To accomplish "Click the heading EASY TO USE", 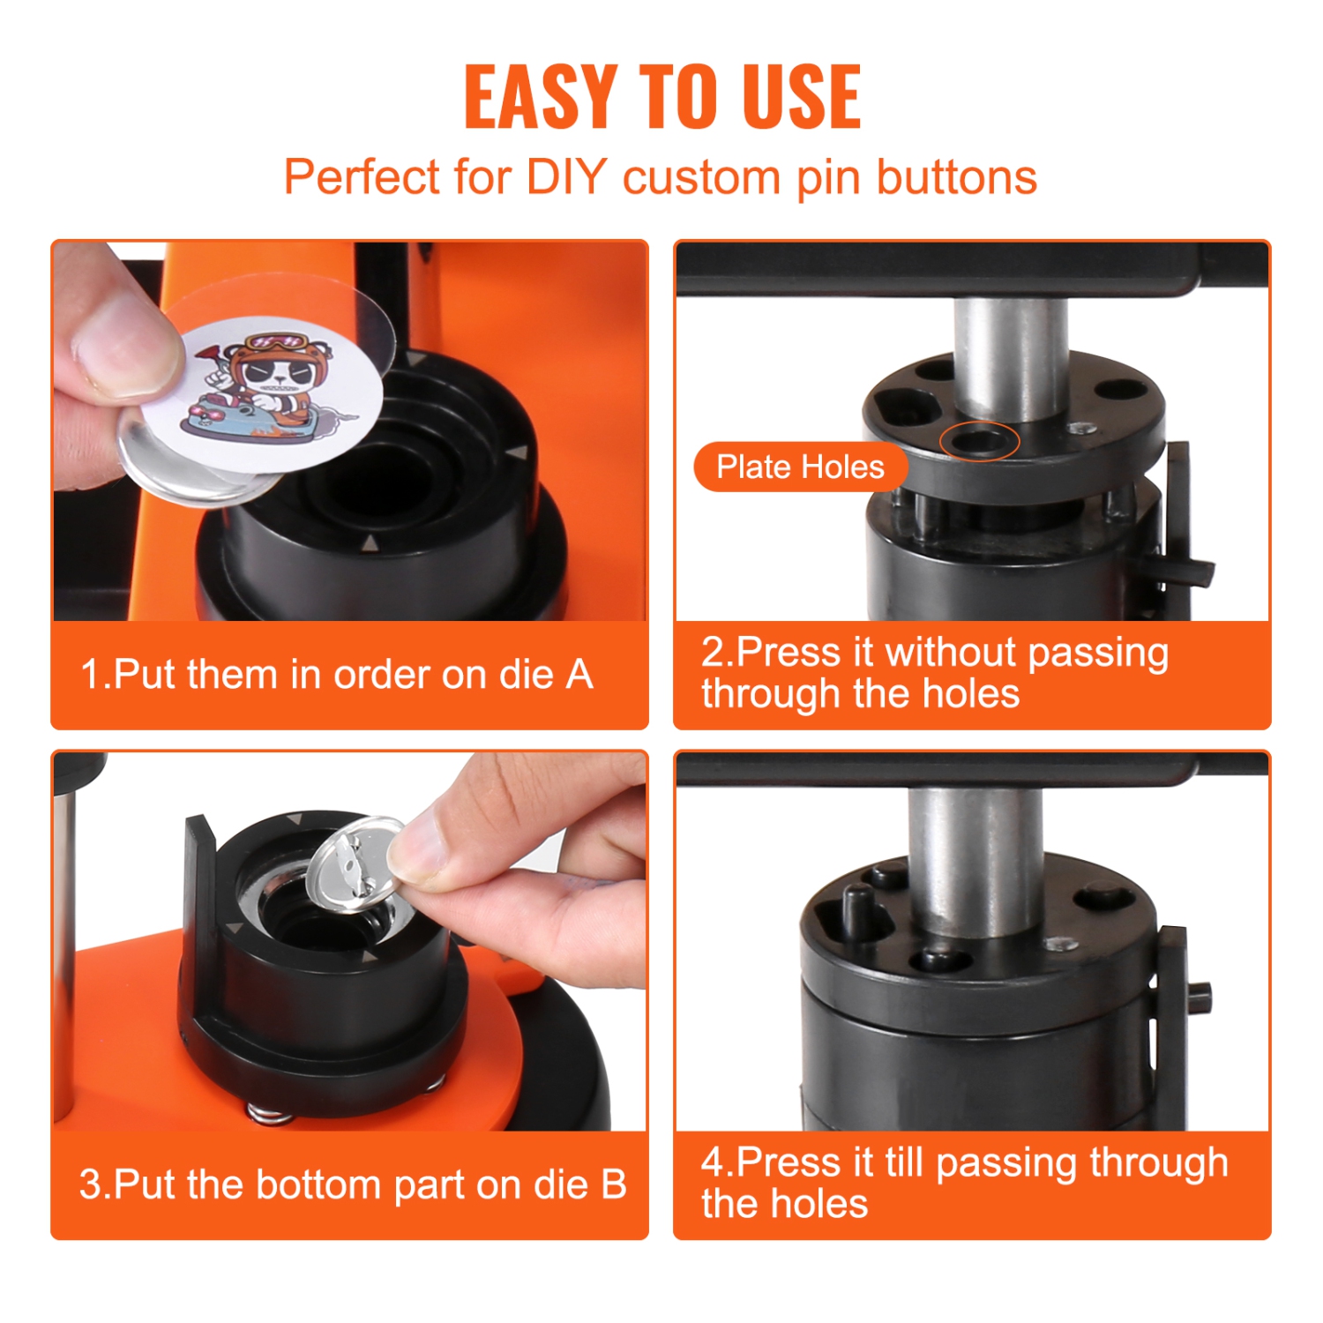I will pyautogui.click(x=661, y=96).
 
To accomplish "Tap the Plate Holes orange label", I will pyautogui.click(x=800, y=467).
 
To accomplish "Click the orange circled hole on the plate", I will pyautogui.click(x=978, y=441).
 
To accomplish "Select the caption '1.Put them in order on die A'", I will pyautogui.click(x=336, y=675).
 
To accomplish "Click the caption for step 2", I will pyautogui.click(x=935, y=673).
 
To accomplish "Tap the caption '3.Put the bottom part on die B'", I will pyautogui.click(x=352, y=1185).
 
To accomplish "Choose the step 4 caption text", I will pyautogui.click(x=964, y=1183).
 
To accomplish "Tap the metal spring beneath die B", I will pyautogui.click(x=268, y=1113).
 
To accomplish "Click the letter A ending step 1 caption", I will pyautogui.click(x=579, y=675).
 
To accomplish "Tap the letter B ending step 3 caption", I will pyautogui.click(x=613, y=1185).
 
